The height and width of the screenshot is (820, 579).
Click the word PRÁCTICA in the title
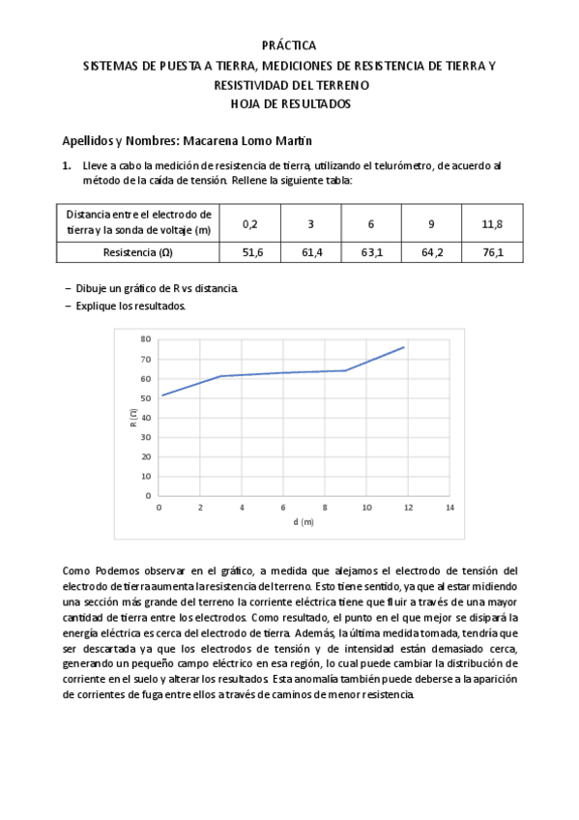[289, 45]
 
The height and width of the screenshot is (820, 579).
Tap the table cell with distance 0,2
[250, 224]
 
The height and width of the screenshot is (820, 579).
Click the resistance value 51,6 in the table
[250, 252]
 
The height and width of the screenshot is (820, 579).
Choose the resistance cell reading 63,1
[371, 252]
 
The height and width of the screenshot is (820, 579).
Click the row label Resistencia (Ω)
[137, 252]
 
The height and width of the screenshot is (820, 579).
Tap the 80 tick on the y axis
[146, 339]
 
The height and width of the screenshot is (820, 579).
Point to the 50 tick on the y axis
[146, 397]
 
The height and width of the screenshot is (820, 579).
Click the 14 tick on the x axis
[449, 507]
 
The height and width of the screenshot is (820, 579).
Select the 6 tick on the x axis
[283, 507]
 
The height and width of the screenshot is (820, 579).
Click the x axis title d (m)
[304, 522]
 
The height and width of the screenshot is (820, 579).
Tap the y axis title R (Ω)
[132, 418]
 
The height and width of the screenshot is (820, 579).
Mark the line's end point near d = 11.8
[404, 346]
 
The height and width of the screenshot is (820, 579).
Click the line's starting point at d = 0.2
[162, 395]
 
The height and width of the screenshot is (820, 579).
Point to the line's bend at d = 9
[345, 370]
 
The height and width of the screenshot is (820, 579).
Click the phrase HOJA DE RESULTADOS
[289, 103]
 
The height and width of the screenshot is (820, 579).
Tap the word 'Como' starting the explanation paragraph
[76, 571]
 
